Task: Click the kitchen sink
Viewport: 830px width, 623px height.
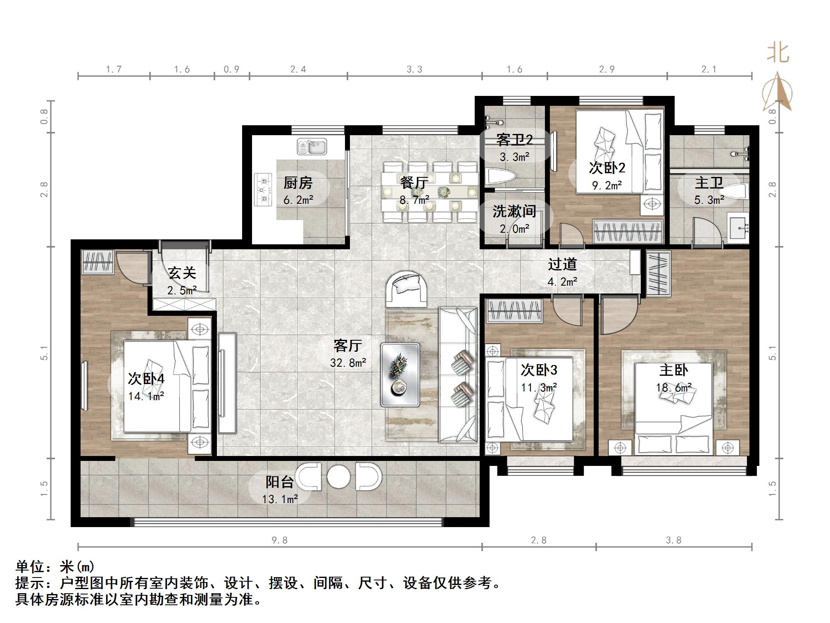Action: [x=312, y=146]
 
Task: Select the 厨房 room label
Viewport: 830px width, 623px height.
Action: [x=298, y=183]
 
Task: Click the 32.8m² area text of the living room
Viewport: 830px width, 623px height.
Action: [x=348, y=363]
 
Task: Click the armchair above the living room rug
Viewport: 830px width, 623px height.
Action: [x=407, y=289]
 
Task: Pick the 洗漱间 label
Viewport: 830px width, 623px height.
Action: [x=514, y=211]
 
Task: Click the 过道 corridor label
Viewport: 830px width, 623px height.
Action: [x=562, y=264]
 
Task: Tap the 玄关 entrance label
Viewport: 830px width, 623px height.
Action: [x=182, y=273]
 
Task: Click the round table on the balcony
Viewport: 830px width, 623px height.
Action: [x=339, y=477]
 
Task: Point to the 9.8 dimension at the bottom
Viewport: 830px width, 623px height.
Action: [x=280, y=540]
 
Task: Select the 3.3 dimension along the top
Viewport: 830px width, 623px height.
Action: [x=414, y=69]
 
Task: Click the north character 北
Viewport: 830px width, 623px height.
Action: [x=778, y=53]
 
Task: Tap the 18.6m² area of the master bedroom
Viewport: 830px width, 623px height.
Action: [x=674, y=388]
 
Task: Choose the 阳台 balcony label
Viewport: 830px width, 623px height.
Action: [x=280, y=482]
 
